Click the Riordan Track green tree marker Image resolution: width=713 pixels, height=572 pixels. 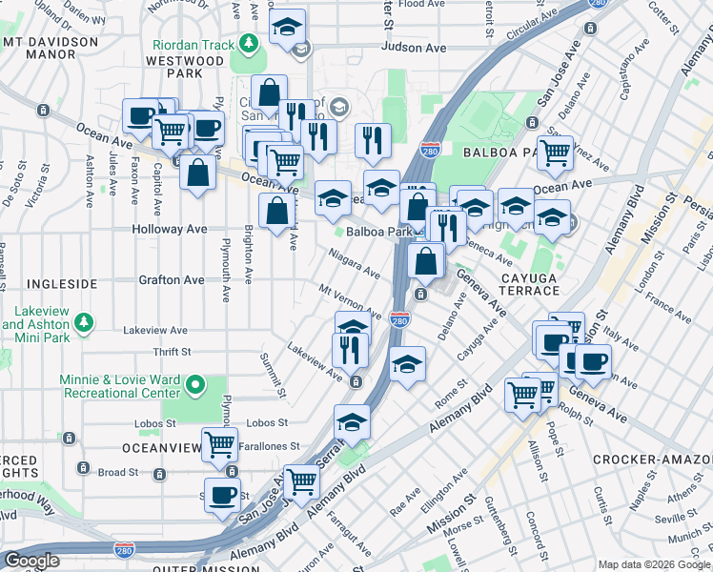click(248, 44)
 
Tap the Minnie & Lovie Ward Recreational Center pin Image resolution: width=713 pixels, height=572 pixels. click(195, 385)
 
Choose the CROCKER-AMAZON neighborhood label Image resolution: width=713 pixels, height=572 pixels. click(652, 460)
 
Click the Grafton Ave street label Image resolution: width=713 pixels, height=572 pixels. click(172, 280)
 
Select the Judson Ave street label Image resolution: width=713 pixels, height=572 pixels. click(413, 47)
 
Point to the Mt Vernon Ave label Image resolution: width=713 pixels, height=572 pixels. click(350, 301)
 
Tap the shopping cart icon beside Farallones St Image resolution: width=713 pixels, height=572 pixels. click(220, 442)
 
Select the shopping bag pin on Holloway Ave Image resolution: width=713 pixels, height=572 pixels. click(276, 212)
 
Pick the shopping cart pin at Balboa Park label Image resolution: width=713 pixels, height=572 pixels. click(554, 150)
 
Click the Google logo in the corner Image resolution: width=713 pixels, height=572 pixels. click(31, 561)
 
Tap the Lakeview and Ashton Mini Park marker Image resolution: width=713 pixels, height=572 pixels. click(86, 323)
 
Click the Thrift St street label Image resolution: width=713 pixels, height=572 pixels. click(172, 352)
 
